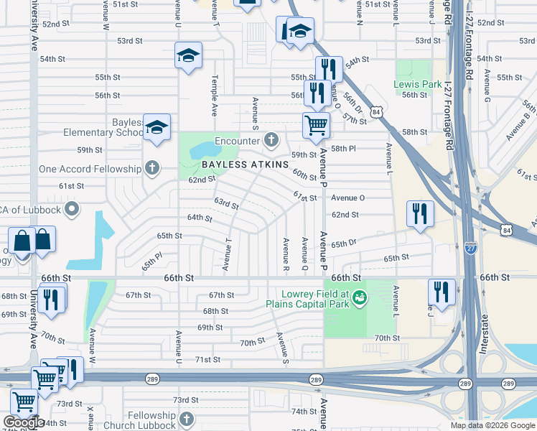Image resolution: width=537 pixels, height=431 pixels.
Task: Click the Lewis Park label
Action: click(417, 84)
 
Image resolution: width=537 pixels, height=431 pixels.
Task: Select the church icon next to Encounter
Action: click(271, 139)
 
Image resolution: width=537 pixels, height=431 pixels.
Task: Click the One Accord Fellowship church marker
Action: click(151, 169)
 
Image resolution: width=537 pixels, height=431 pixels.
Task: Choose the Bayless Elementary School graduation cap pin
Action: click(156, 127)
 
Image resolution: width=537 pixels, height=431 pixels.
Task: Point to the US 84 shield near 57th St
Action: click(376, 111)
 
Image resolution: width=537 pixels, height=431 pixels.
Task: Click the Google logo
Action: click(23, 423)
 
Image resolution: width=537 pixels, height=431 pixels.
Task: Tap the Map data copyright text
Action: click(492, 425)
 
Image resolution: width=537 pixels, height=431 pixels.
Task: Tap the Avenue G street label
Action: click(487, 85)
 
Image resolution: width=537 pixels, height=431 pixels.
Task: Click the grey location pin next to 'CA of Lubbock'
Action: click(71, 210)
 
